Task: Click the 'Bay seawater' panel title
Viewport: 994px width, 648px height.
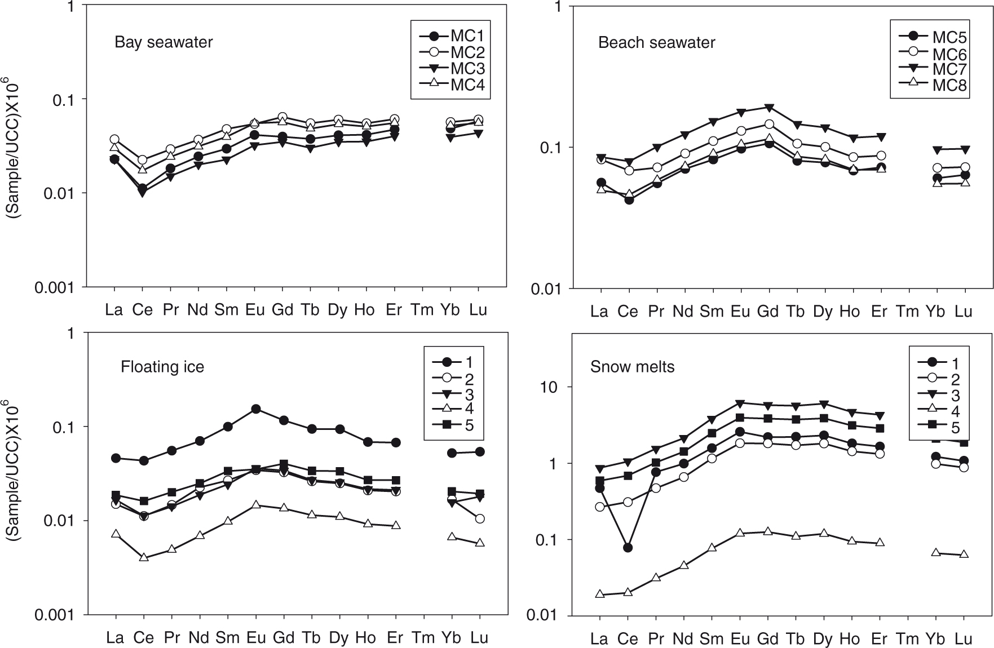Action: [x=164, y=42]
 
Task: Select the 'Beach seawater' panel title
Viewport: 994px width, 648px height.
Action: [x=656, y=43]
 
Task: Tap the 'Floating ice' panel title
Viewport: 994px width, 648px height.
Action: [x=162, y=367]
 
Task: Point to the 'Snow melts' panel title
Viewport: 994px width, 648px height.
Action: [x=632, y=367]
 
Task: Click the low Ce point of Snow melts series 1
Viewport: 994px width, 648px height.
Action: [x=628, y=548]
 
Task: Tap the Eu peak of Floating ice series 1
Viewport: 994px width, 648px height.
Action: [x=256, y=409]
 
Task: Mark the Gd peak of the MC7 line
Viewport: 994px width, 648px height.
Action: [x=768, y=108]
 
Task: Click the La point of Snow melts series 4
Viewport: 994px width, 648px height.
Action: [x=600, y=594]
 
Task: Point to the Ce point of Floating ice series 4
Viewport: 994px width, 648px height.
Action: [x=144, y=557]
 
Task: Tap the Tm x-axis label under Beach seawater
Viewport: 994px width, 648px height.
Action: [x=907, y=312]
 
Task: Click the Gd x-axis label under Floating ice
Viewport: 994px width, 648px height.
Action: [x=284, y=638]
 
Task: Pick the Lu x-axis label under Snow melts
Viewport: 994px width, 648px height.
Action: [x=964, y=638]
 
